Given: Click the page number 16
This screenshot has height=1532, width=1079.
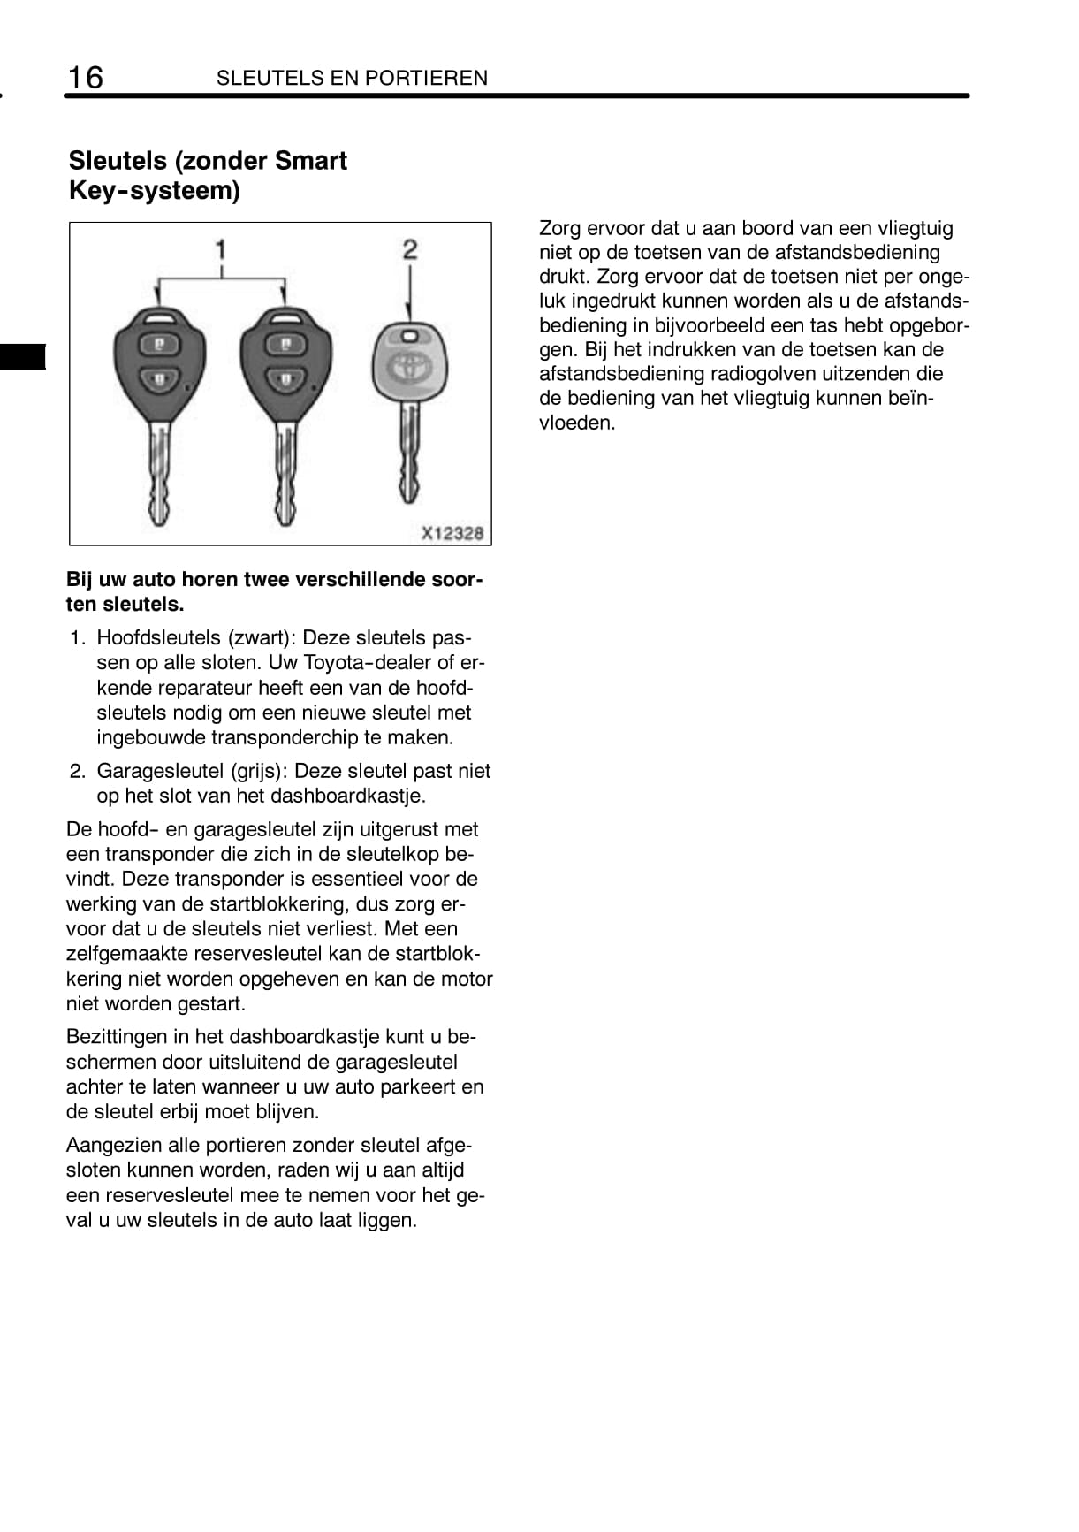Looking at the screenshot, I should click(86, 78).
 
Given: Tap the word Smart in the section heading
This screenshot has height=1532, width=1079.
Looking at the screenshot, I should click(311, 161).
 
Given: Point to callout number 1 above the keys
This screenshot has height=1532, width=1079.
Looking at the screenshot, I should click(221, 249).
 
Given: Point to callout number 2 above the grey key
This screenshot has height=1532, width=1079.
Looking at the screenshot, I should click(409, 249).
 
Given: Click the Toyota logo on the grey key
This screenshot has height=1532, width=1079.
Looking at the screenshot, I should click(409, 368).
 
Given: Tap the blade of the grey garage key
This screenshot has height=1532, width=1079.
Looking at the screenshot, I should click(408, 455).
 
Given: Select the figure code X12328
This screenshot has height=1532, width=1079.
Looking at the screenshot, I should click(452, 533).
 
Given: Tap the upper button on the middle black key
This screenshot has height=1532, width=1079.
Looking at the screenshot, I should click(285, 343).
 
